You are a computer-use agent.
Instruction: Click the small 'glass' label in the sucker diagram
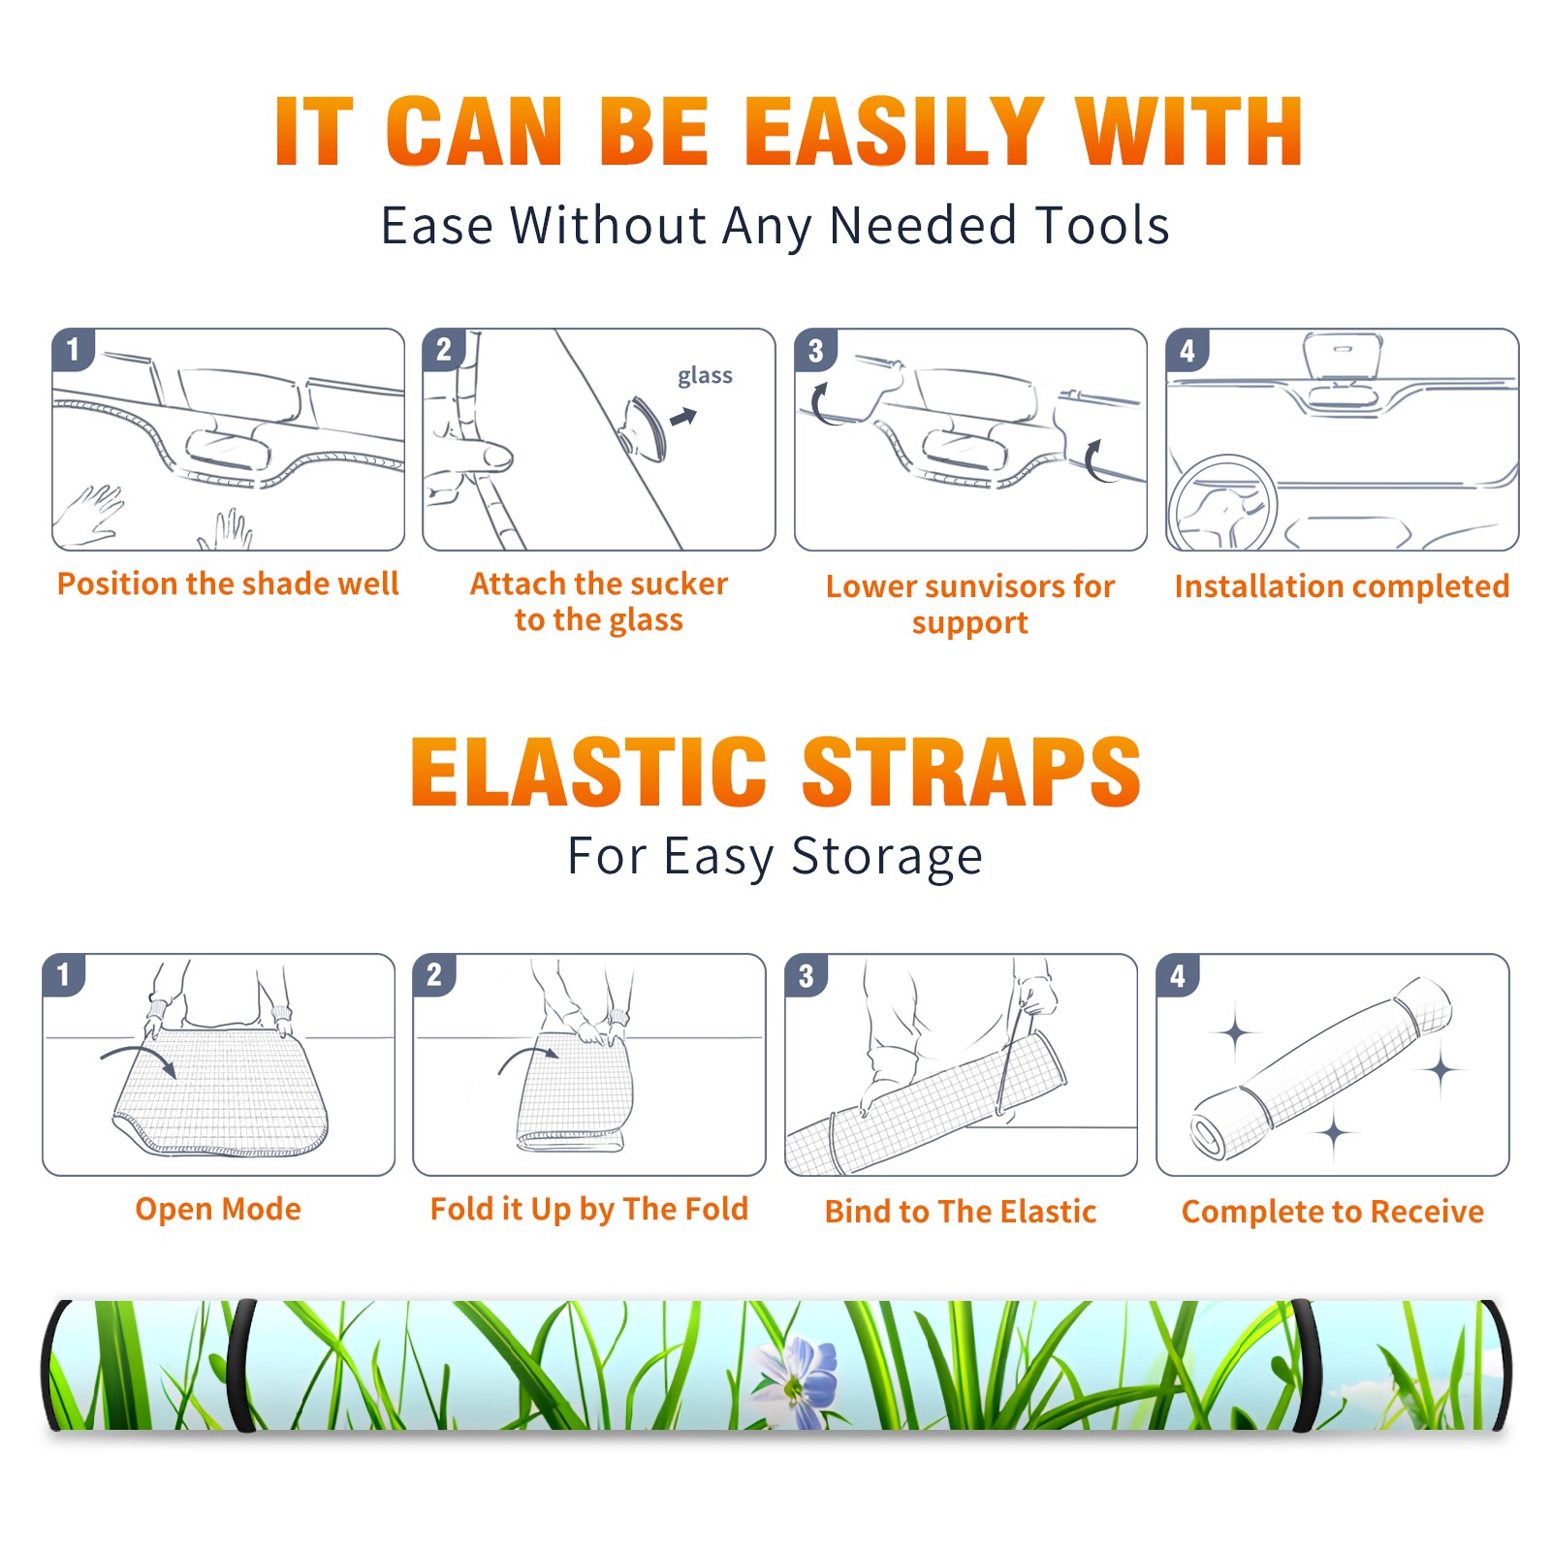point(705,376)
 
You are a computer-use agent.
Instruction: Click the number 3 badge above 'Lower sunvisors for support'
point(815,350)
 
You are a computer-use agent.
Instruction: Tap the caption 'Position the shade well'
point(228,584)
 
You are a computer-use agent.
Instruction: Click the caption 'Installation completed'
point(1342,586)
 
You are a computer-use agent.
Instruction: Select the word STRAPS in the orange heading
point(971,772)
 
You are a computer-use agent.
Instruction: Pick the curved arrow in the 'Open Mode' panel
point(139,1057)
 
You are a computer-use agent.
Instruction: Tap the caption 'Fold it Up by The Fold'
point(589,1210)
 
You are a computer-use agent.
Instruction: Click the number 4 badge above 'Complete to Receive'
point(1178,975)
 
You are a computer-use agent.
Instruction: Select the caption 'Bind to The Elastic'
point(961,1212)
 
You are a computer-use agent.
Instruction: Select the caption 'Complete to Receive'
point(1333,1212)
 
